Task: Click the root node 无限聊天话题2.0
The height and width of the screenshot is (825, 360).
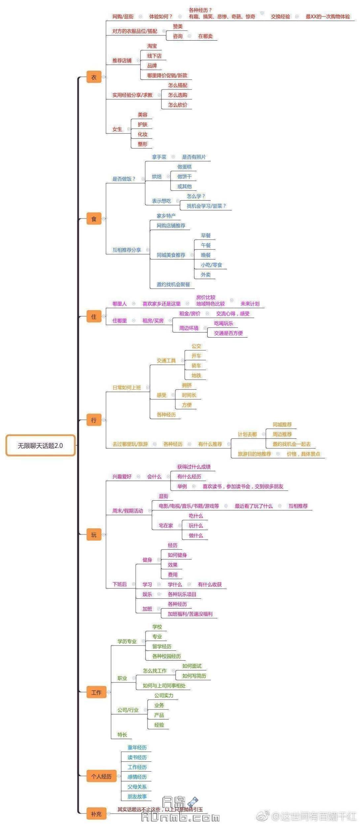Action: [x=40, y=445]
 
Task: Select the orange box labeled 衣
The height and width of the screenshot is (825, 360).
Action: [x=94, y=77]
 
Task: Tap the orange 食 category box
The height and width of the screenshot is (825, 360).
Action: [x=94, y=219]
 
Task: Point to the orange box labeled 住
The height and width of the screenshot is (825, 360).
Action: [x=94, y=317]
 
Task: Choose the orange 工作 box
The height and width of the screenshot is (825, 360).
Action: [x=96, y=692]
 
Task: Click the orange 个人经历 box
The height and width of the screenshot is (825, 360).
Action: [x=101, y=776]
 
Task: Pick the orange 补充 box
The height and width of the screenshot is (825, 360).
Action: [x=96, y=814]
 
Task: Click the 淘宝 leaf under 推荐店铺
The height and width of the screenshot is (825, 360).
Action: [x=152, y=46]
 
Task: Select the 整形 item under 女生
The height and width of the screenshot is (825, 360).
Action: [x=143, y=144]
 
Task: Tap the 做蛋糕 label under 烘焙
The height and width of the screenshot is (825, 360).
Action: [x=184, y=167]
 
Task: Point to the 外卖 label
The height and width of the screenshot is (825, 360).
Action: [x=206, y=275]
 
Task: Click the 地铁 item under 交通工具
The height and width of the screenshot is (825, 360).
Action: [x=196, y=376]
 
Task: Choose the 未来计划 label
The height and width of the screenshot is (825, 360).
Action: [x=250, y=304]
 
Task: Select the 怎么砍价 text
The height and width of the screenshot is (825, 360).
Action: [x=178, y=105]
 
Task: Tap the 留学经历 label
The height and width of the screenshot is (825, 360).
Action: [x=162, y=646]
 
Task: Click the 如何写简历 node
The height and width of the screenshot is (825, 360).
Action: [x=194, y=676]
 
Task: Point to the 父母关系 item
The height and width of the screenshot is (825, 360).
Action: [x=137, y=787]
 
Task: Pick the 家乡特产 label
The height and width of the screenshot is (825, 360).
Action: [x=166, y=216]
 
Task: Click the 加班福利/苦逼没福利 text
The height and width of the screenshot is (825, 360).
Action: [x=190, y=614]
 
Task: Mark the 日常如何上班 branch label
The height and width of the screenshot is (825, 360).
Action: [x=127, y=388]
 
